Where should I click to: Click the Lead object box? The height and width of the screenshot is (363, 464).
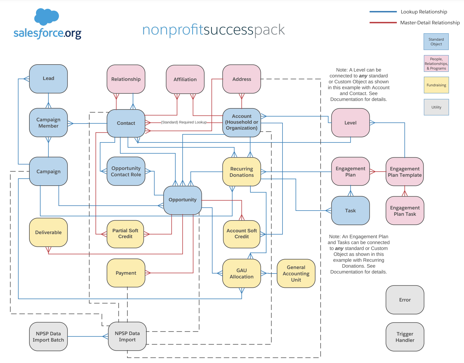[48, 79]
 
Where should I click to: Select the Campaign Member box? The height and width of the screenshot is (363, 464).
[48, 123]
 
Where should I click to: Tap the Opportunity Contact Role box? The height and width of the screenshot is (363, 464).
[126, 171]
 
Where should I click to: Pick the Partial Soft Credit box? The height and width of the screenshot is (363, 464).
[125, 234]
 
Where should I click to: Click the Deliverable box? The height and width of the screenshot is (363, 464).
[48, 232]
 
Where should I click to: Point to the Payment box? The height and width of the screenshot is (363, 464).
[126, 273]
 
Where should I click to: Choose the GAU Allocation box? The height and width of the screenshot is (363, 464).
[242, 273]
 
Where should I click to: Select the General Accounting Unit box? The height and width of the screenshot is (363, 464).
[296, 273]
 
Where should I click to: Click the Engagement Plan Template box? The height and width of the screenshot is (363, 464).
[405, 172]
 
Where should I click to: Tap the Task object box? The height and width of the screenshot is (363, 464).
[350, 211]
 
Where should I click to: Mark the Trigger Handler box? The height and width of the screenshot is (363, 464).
[405, 337]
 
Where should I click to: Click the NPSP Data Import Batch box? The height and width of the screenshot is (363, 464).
[48, 337]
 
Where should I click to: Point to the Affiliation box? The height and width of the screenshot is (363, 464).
[185, 79]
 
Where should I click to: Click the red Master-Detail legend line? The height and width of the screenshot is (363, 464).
[383, 23]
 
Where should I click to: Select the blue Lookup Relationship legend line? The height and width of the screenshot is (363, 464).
[383, 12]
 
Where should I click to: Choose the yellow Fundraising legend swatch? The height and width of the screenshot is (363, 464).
[436, 85]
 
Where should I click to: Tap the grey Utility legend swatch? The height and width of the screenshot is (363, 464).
[436, 107]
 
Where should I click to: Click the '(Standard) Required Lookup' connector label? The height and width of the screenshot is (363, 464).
[184, 122]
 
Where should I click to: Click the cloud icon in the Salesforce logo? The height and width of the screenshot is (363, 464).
[46, 16]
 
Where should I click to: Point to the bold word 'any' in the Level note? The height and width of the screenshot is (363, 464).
[363, 76]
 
